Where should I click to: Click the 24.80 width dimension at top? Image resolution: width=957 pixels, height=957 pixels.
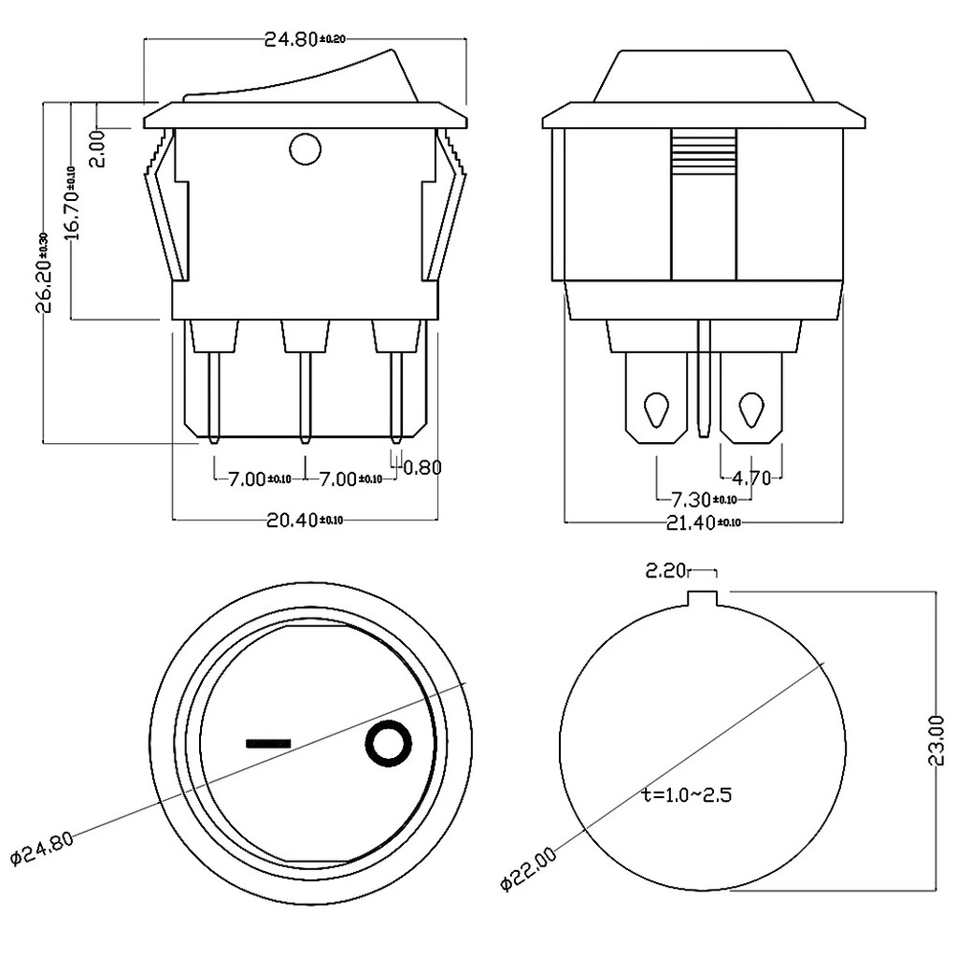[305, 39]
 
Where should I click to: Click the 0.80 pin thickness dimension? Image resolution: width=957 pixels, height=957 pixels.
[421, 467]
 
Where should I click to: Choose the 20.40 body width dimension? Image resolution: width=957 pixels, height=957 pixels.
[305, 521]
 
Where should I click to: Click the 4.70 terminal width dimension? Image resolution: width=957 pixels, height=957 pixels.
[751, 478]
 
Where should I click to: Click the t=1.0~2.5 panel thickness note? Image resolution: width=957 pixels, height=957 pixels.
[687, 795]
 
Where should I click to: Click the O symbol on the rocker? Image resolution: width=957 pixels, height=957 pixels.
[387, 745]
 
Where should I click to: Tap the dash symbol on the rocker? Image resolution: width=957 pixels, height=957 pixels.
[268, 744]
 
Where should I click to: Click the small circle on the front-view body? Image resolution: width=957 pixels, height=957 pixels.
[305, 149]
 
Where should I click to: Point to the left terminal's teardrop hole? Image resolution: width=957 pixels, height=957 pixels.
[656, 408]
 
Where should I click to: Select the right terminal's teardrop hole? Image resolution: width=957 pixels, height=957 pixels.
[750, 408]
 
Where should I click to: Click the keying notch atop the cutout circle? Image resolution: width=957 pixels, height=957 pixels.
[703, 597]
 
